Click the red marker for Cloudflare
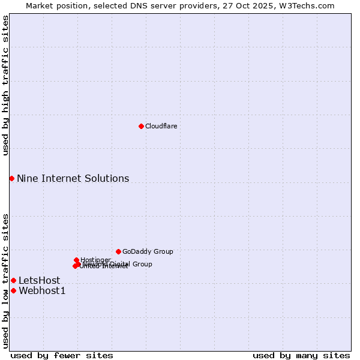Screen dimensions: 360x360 point(141,126)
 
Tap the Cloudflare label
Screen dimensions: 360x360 point(161,126)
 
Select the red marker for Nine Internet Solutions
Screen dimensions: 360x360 point(11,178)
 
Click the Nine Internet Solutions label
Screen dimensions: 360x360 point(73,178)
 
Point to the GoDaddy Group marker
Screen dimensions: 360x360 point(118,251)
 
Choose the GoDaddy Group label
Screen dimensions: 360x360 point(148,251)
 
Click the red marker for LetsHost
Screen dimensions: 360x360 point(13,280)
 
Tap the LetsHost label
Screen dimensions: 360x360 point(39,280)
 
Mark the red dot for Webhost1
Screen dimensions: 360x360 point(13,290)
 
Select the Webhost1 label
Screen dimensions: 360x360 point(42,291)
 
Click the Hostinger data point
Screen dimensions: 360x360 point(76,260)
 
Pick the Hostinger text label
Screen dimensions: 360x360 point(95,260)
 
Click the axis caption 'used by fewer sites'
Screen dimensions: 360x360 point(62,355)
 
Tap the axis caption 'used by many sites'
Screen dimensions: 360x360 point(301,355)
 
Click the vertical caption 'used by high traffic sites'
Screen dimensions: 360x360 point(5,85)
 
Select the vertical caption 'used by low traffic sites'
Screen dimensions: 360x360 point(5,280)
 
